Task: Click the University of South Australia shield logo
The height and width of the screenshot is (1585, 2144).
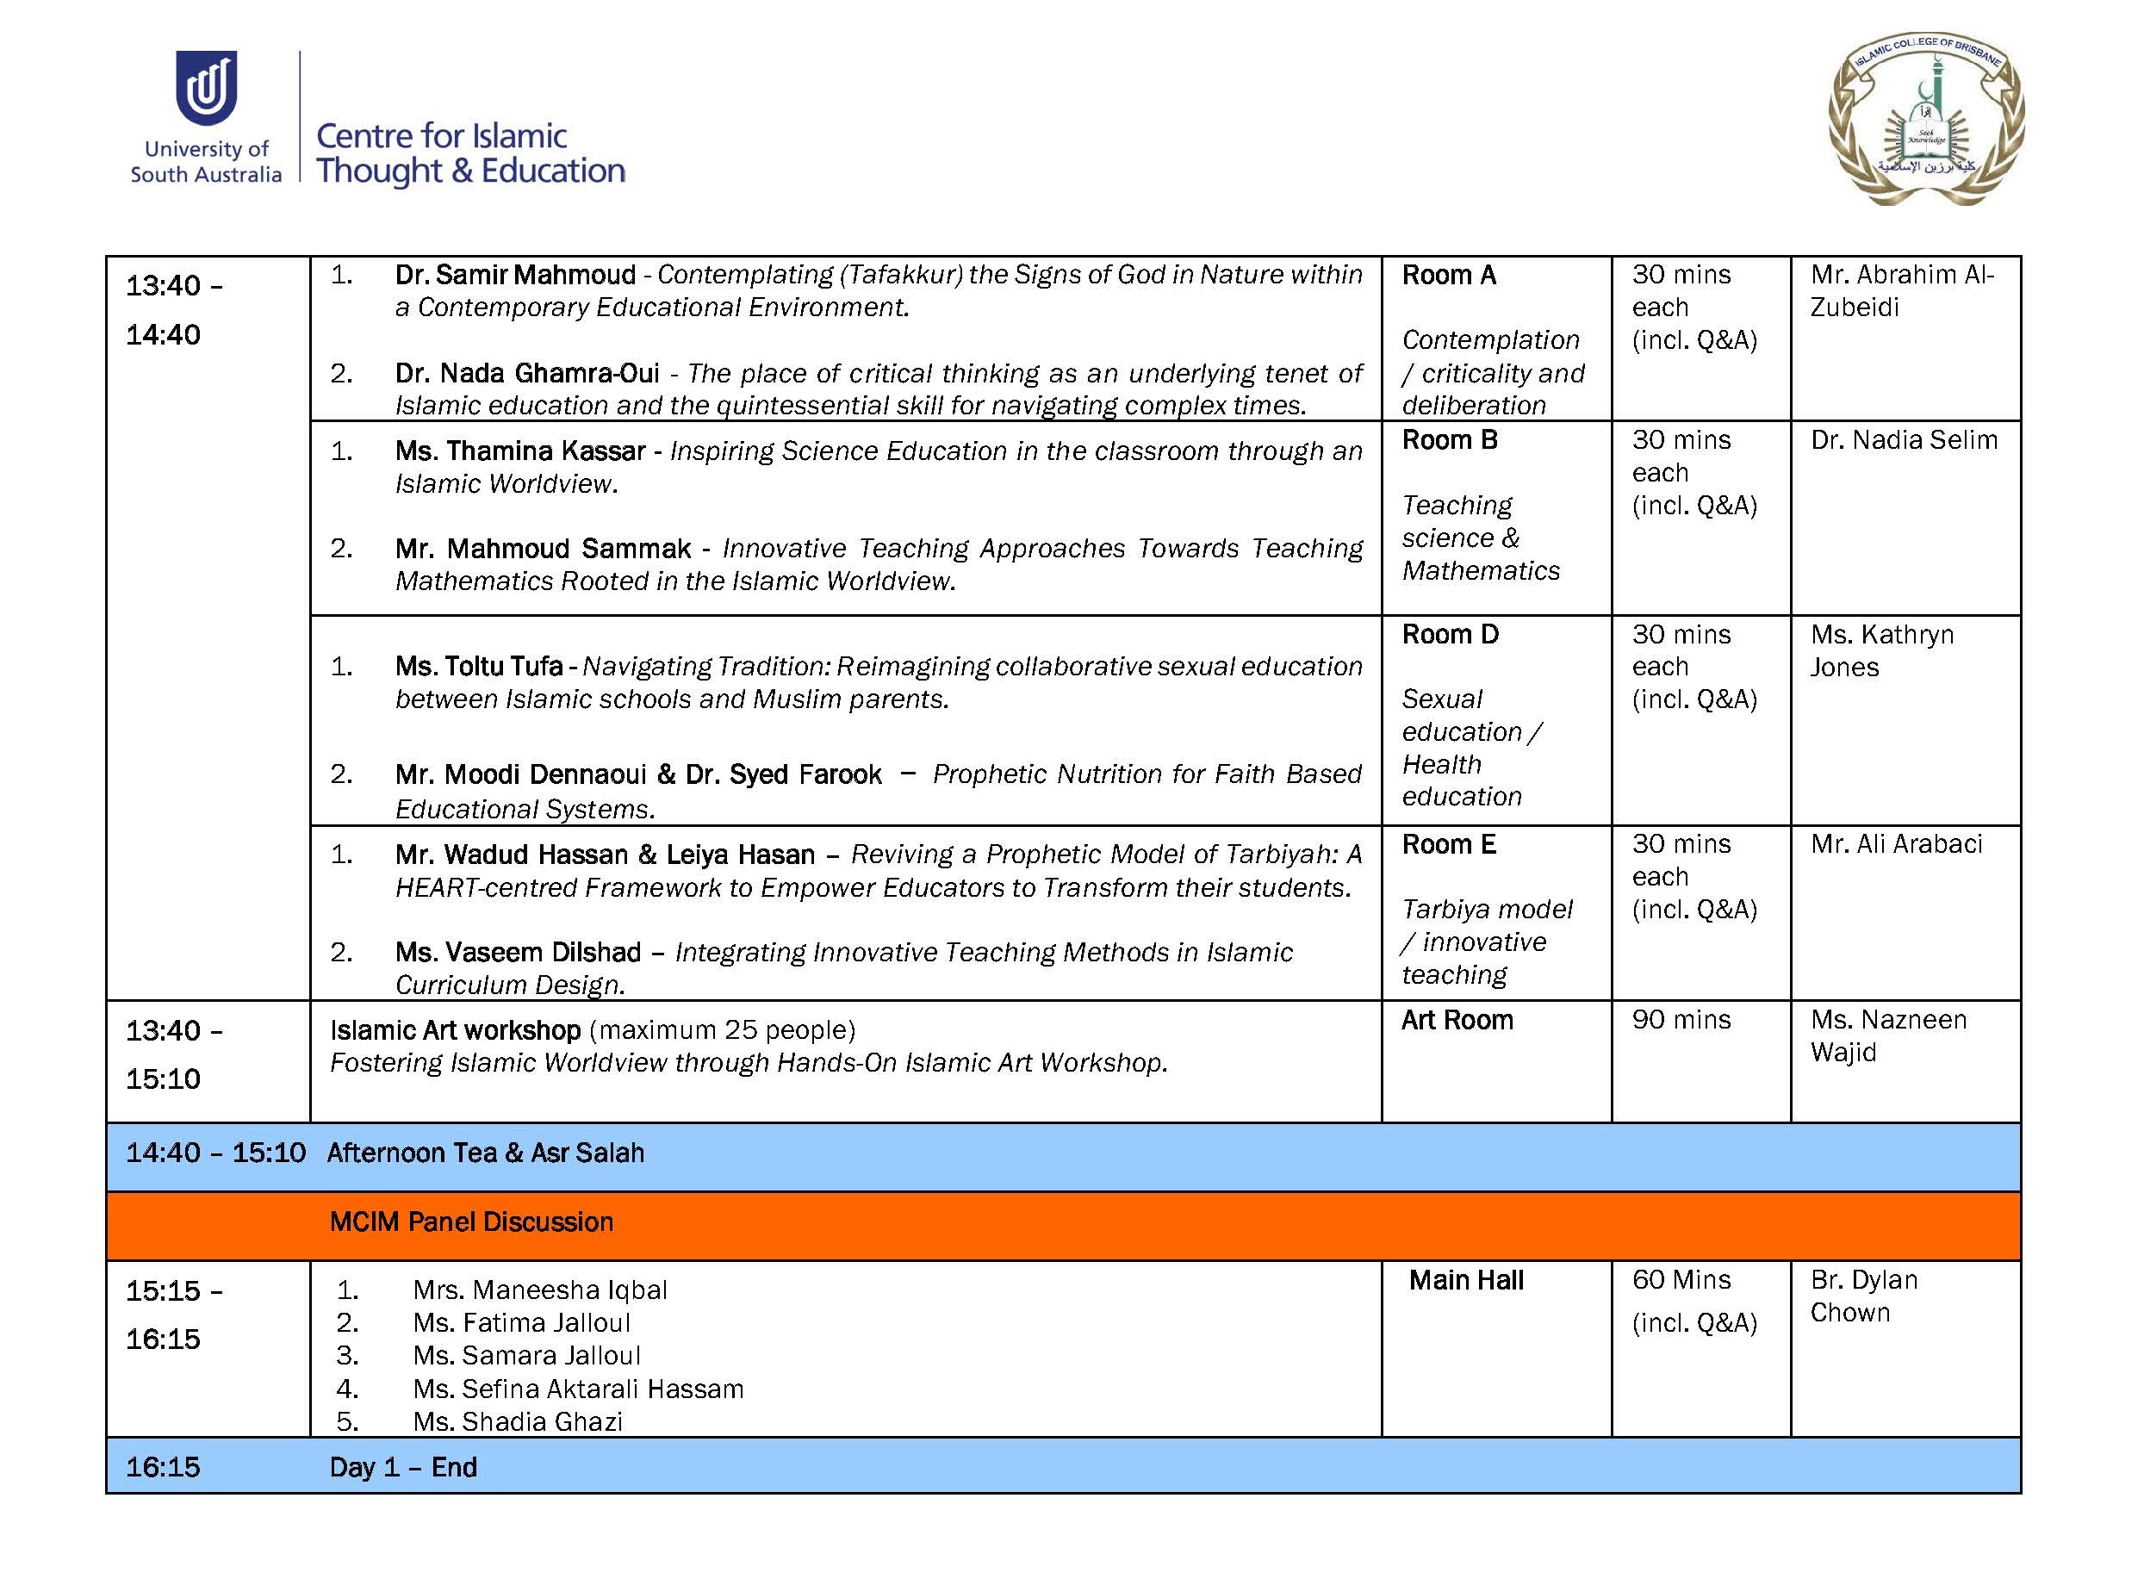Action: pyautogui.click(x=206, y=87)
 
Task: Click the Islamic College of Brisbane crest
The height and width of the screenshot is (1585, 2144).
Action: pyautogui.click(x=1926, y=119)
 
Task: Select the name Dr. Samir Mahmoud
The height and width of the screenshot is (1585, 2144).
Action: pyautogui.click(x=515, y=276)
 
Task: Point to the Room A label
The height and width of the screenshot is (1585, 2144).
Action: pyautogui.click(x=1449, y=276)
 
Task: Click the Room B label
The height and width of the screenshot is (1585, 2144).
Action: pyautogui.click(x=1450, y=440)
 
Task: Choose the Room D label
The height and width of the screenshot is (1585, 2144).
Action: pyautogui.click(x=1450, y=634)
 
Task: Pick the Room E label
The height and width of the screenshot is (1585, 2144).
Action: pyautogui.click(x=1449, y=844)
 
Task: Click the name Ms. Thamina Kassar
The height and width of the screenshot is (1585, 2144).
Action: pyautogui.click(x=520, y=451)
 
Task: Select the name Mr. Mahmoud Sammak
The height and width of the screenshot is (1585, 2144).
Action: pyautogui.click(x=542, y=549)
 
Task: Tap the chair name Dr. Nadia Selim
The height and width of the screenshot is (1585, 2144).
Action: pyautogui.click(x=1903, y=440)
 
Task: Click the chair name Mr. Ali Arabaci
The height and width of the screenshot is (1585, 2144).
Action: pyautogui.click(x=1896, y=844)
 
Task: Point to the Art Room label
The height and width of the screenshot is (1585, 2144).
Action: pyautogui.click(x=1457, y=1020)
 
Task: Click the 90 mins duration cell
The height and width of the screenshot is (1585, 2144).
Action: pyautogui.click(x=1681, y=1020)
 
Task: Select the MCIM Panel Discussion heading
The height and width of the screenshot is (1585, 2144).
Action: pyautogui.click(x=471, y=1222)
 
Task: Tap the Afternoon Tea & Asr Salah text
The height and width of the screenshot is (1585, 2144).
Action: pyautogui.click(x=486, y=1153)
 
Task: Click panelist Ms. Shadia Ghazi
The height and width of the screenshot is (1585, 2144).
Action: pyautogui.click(x=518, y=1422)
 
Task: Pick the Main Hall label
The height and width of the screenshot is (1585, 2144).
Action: pyautogui.click(x=1466, y=1281)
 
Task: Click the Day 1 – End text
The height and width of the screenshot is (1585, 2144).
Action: pyautogui.click(x=403, y=1468)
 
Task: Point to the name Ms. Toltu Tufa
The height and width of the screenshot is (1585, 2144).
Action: pyautogui.click(x=479, y=666)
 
